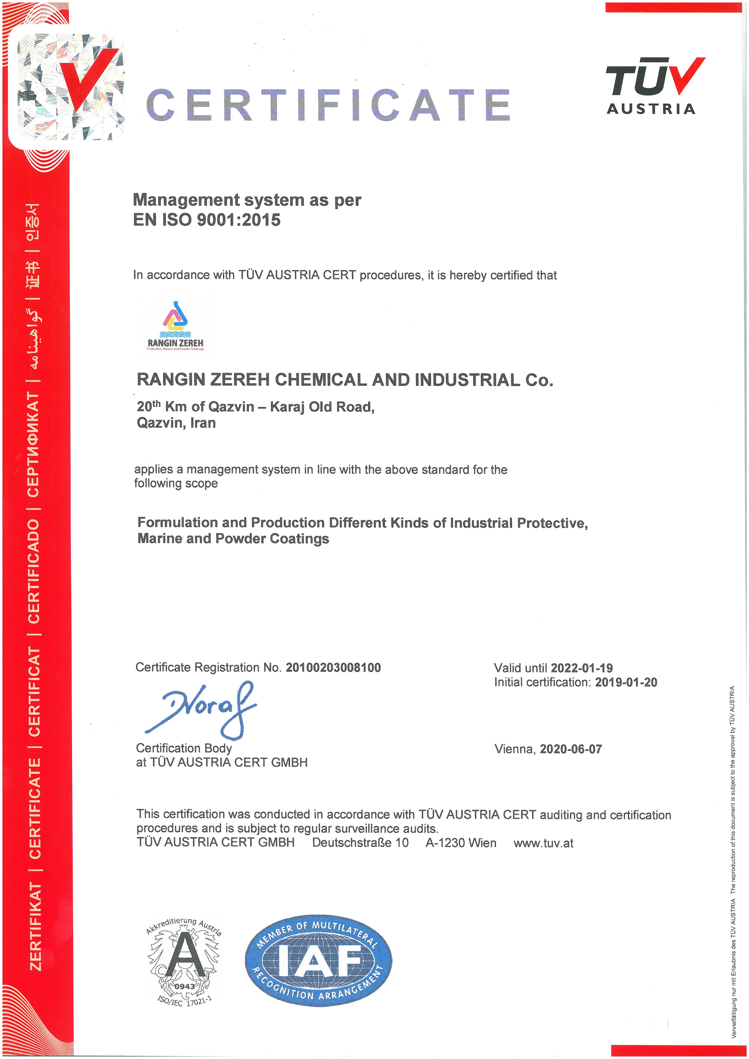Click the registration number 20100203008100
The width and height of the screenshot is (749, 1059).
333,667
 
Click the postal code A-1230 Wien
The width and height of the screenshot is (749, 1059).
460,843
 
